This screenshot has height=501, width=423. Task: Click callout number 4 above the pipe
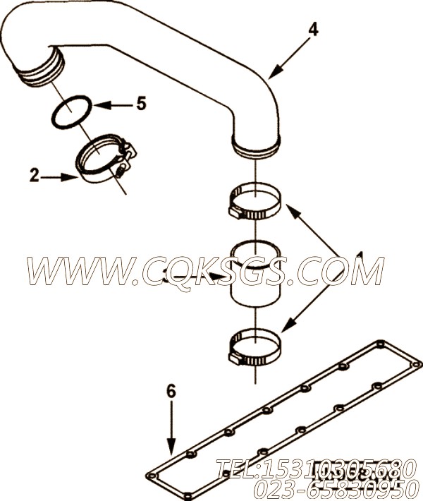coord(313,30)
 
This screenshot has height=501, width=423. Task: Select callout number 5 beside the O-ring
coord(141,104)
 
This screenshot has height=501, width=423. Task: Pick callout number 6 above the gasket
coord(170,390)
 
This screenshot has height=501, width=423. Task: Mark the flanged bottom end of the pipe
coord(257,146)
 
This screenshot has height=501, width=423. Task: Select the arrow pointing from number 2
coord(63,177)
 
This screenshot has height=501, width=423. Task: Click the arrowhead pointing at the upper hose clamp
coord(288,208)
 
